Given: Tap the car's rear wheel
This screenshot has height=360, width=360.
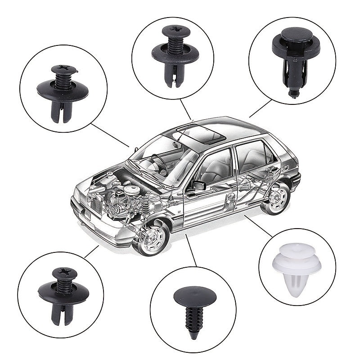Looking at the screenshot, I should pos(276,198).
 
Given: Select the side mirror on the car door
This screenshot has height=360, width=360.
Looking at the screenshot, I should pos(198,185).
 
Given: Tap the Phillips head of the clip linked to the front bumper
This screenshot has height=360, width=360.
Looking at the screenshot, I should pos(64,273).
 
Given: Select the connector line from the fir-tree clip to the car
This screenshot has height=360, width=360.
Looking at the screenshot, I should pos(191,250).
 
